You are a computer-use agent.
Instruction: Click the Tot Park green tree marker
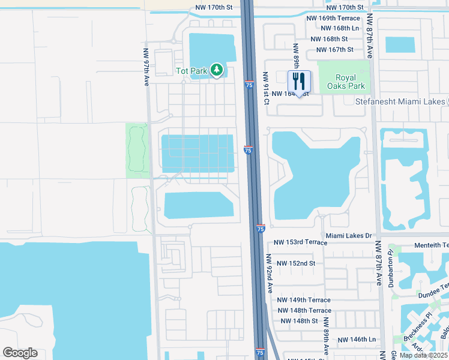[x=217, y=70]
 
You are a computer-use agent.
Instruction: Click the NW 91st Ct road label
[x=266, y=88]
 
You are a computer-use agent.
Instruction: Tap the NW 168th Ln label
[x=340, y=28]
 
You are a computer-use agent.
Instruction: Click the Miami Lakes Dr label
[x=349, y=236]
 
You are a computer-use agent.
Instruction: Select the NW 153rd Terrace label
[x=301, y=242]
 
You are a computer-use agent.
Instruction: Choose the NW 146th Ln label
[x=355, y=340]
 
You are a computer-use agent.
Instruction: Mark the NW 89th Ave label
[x=327, y=340]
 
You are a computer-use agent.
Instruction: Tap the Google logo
[x=20, y=353]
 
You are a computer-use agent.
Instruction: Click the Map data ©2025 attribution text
[x=423, y=355]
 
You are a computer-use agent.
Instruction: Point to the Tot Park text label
[x=191, y=71]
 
